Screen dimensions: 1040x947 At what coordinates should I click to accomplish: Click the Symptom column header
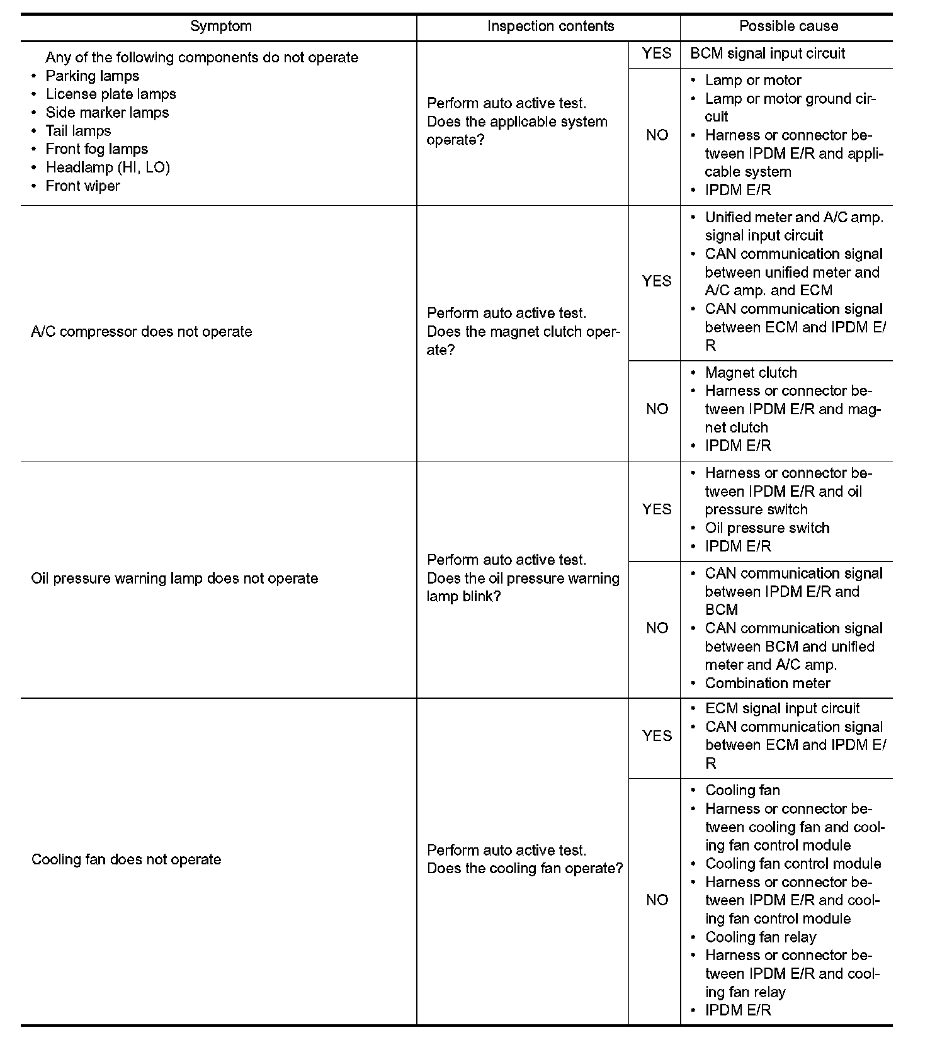[x=220, y=26]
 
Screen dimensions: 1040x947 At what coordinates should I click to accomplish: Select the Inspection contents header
[x=550, y=26]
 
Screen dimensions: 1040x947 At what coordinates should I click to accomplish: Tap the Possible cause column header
[x=788, y=26]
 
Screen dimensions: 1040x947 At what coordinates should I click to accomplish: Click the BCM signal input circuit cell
[x=767, y=54]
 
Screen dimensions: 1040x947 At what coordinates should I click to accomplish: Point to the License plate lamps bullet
[x=111, y=94]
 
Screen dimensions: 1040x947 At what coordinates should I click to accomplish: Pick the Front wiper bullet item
[x=82, y=186]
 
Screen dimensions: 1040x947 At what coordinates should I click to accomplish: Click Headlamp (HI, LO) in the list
[x=108, y=167]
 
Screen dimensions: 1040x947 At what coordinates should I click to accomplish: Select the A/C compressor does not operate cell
[x=142, y=332]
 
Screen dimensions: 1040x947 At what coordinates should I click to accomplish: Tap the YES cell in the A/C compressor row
[x=656, y=281]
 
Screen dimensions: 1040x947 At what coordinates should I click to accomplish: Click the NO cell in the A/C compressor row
[x=656, y=409]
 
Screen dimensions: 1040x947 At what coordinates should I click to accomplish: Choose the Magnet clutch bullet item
[x=751, y=373]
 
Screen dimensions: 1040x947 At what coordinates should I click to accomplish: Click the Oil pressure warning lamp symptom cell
[x=174, y=579]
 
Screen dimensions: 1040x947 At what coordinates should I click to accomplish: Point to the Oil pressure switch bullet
[x=767, y=528]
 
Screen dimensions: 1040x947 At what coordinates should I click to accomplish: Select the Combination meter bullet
[x=767, y=683]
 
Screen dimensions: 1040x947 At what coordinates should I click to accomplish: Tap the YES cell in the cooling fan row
[x=656, y=736]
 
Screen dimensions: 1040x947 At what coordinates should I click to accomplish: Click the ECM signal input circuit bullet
[x=782, y=709]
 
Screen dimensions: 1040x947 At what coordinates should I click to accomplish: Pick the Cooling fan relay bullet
[x=760, y=937]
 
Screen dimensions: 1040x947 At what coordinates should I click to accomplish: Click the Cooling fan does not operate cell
[x=127, y=860]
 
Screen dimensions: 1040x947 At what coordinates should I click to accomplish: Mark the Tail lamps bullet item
[x=78, y=131]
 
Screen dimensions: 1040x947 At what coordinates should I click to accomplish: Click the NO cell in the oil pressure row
[x=656, y=628]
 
